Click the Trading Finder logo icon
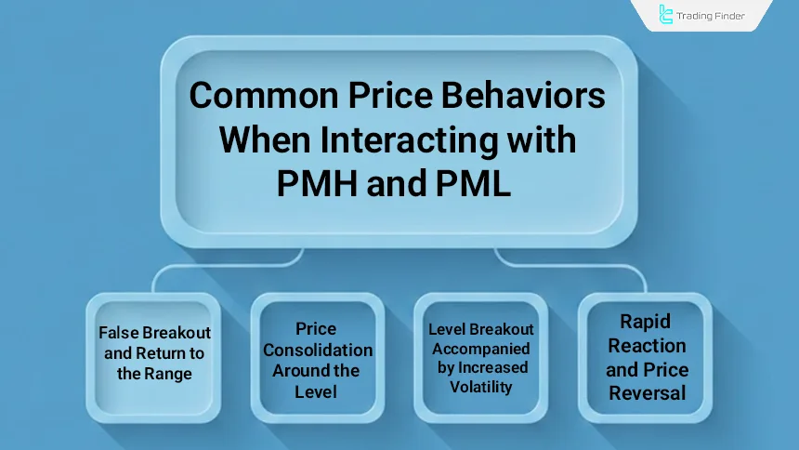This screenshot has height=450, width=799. click(x=666, y=15)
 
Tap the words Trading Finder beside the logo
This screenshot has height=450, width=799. click(x=711, y=16)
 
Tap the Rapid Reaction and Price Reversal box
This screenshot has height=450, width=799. click(x=648, y=357)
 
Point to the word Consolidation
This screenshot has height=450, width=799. click(x=318, y=351)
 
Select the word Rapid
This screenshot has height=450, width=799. click(x=647, y=322)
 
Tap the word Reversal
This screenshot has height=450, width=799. click(x=648, y=393)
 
